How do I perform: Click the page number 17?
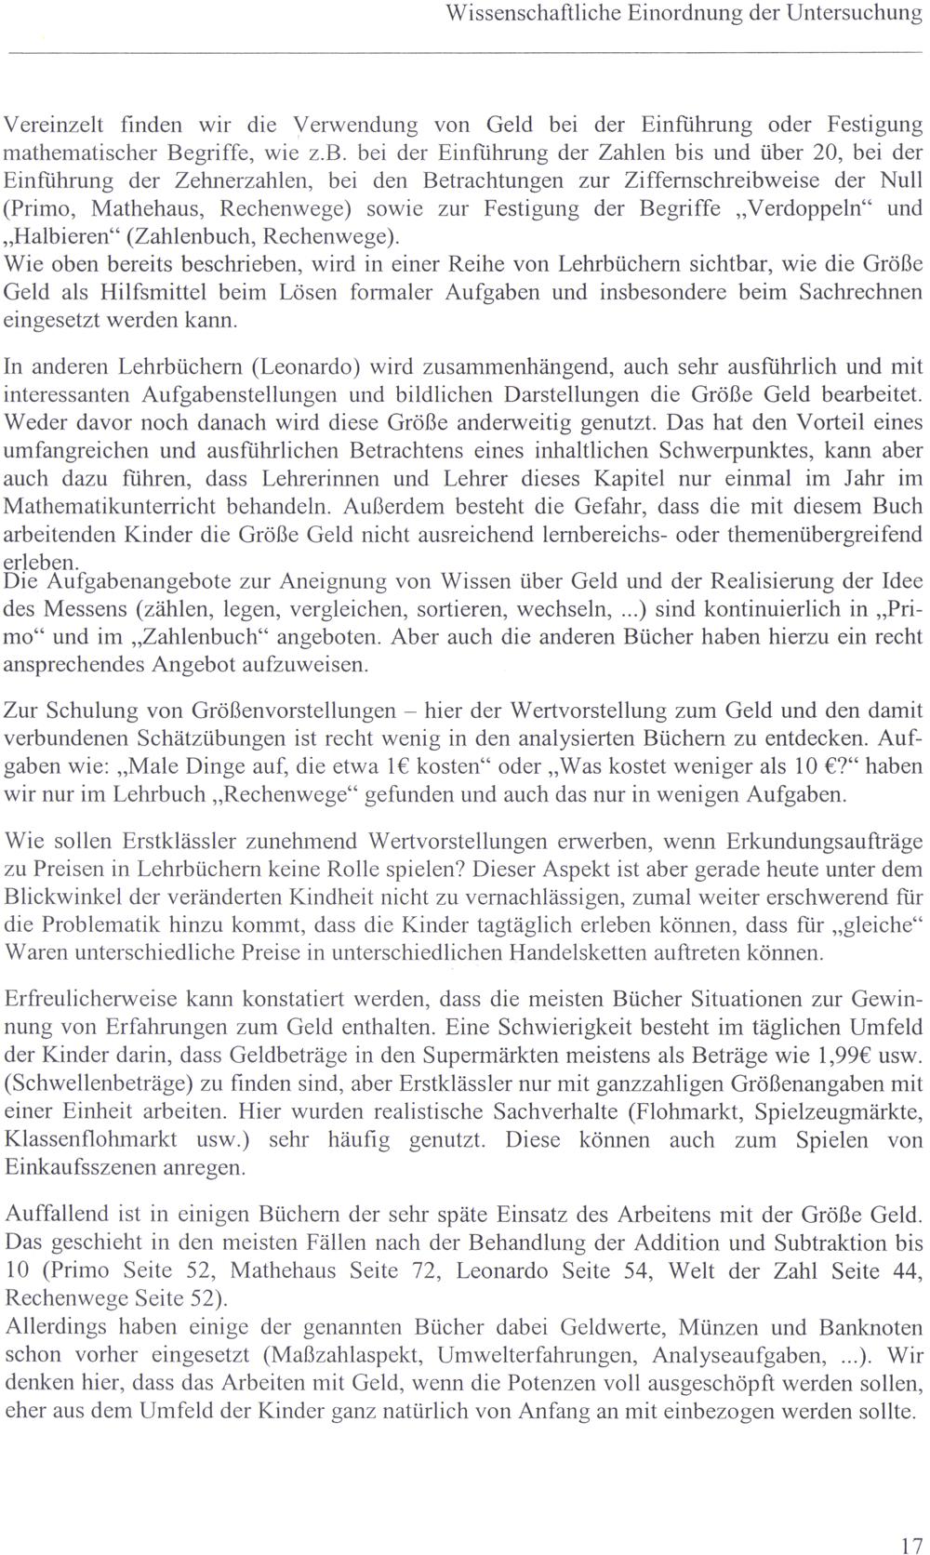pyautogui.click(x=911, y=1521)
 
